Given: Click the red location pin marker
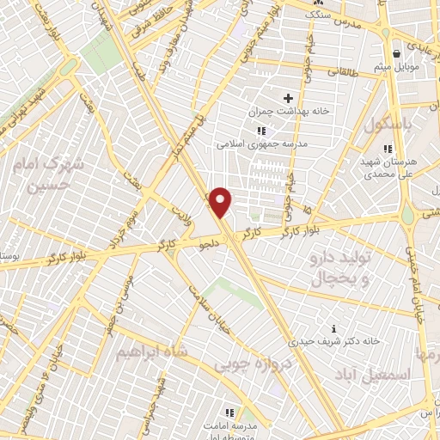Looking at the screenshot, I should pos(221,202).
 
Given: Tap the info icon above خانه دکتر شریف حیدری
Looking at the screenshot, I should pos(333,328).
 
